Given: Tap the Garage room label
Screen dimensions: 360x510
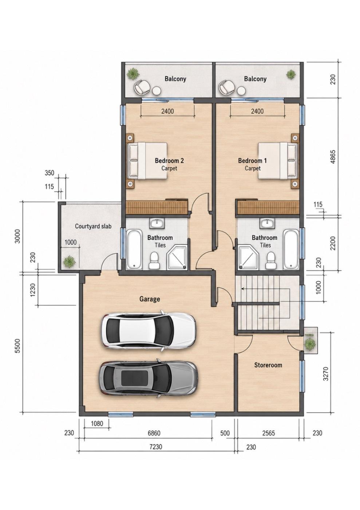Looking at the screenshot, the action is (150, 299).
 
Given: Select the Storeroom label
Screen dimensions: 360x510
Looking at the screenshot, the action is (268, 365).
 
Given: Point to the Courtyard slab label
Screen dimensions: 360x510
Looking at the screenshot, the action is (93, 226).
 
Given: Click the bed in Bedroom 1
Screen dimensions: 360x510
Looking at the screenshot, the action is (278, 161).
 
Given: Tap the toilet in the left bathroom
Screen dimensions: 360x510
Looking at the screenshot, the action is (154, 260).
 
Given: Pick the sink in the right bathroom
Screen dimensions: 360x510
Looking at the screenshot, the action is (268, 223).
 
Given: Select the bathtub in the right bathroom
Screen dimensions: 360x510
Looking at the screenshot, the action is (291, 249).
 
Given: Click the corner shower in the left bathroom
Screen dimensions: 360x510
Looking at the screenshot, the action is (177, 258).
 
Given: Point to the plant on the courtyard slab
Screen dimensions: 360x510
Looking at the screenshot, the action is (70, 262).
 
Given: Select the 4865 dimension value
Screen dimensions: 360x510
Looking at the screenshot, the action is (333, 157).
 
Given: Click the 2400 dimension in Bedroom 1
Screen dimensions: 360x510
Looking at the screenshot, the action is (257, 111).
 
